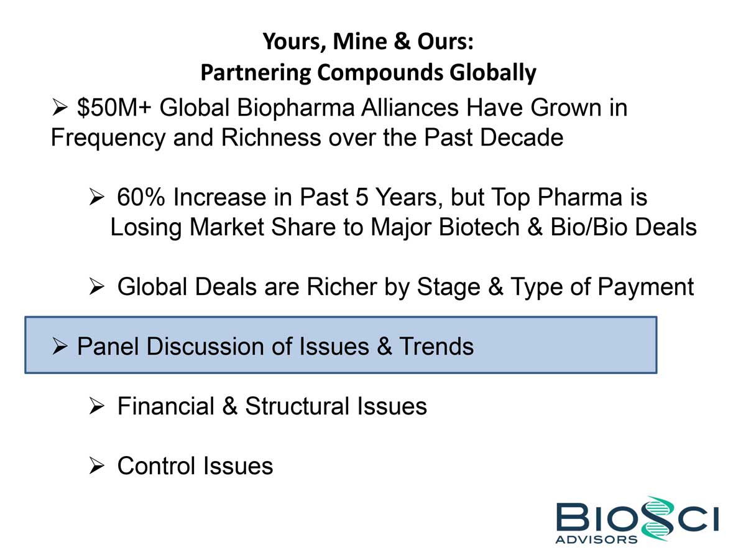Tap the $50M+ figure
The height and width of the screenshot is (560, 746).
(x=114, y=108)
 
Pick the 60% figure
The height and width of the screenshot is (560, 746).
(x=140, y=197)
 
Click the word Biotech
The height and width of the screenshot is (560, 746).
(x=479, y=226)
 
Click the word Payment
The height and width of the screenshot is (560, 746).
(x=646, y=287)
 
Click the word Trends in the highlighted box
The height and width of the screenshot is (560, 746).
(x=436, y=347)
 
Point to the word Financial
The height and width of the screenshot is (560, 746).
(x=166, y=406)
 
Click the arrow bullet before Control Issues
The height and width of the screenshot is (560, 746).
(x=96, y=466)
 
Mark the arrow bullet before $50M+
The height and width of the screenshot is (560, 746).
(x=60, y=108)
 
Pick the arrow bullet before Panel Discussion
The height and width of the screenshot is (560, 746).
(x=60, y=347)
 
